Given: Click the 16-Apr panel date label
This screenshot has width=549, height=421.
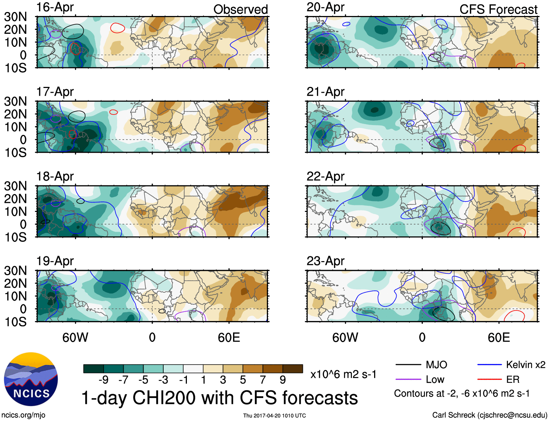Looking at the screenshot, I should pyautogui.click(x=55, y=7).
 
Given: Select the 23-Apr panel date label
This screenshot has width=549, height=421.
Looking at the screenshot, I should pyautogui.click(x=325, y=261).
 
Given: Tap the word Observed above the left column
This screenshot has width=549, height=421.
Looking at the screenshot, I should pyautogui.click(x=240, y=9).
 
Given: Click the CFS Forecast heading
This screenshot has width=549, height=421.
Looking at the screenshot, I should pyautogui.click(x=498, y=9).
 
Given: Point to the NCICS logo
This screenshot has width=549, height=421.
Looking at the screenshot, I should pyautogui.click(x=31, y=379).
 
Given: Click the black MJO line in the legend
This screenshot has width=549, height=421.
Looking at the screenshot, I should pyautogui.click(x=408, y=365).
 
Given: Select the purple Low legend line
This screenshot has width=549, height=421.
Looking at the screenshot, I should pyautogui.click(x=408, y=380).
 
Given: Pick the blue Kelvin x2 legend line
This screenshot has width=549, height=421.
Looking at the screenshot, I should pyautogui.click(x=489, y=365).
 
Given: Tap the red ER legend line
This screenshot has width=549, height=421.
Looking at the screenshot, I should pyautogui.click(x=489, y=380).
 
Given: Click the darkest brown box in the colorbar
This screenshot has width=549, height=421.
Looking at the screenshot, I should pyautogui.click(x=293, y=369).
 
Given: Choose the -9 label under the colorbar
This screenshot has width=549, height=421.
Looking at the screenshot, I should pyautogui.click(x=103, y=380).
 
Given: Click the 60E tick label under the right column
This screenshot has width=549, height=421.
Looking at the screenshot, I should pyautogui.click(x=498, y=338).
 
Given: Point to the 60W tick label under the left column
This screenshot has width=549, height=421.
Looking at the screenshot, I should pyautogui.click(x=75, y=338).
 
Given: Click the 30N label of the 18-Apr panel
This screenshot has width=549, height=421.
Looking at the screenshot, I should pyautogui.click(x=15, y=186).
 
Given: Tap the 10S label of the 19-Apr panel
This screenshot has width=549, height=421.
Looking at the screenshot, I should pyautogui.click(x=15, y=322).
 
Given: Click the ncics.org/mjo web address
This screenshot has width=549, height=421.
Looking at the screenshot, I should pyautogui.click(x=23, y=415).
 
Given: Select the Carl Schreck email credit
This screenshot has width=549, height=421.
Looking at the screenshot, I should pyautogui.click(x=489, y=415).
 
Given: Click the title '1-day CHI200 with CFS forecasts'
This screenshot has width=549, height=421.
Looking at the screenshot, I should pyautogui.click(x=219, y=398).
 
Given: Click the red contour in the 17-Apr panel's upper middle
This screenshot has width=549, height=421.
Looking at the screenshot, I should pyautogui.click(x=114, y=112).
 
